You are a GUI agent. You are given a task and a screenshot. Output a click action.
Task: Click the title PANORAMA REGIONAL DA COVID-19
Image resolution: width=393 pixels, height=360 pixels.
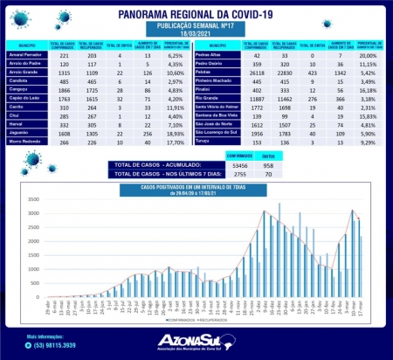point(196,14)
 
